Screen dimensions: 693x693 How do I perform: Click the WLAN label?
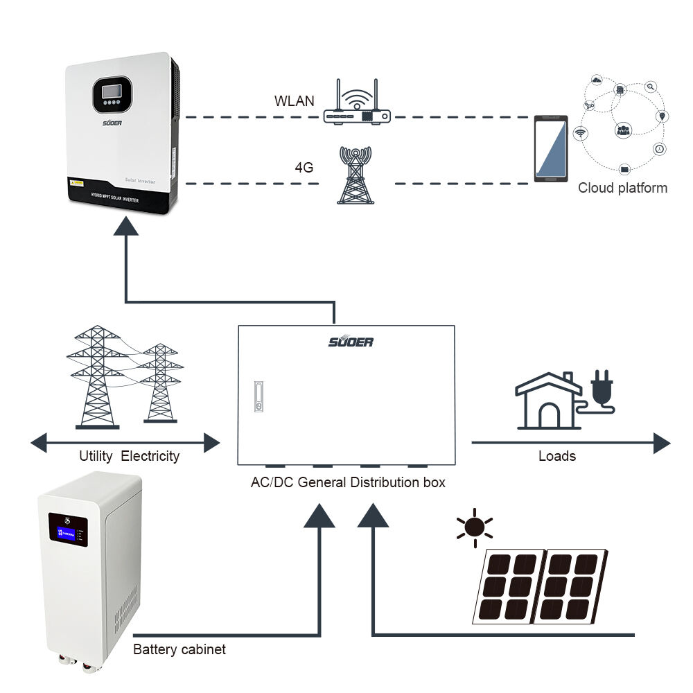click(294, 101)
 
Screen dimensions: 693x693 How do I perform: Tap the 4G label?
click(304, 167)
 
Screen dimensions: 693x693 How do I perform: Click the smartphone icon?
click(551, 149)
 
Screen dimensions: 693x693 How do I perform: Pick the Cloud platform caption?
click(622, 188)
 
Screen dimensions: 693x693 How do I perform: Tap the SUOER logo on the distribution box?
click(351, 342)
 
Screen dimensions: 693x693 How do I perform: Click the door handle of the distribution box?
click(258, 397)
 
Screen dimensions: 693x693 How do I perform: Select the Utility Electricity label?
click(129, 456)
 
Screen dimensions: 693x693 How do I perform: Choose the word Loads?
click(557, 456)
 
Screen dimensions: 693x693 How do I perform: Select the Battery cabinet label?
click(179, 650)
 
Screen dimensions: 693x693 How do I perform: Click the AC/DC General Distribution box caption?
click(348, 482)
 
